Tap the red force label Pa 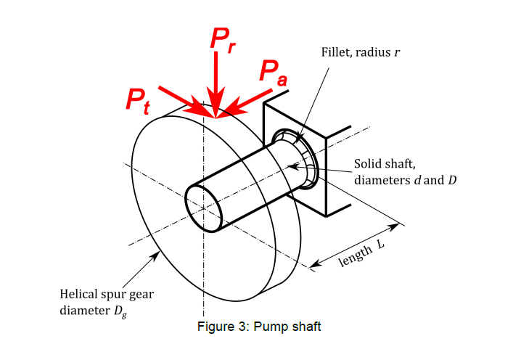273,72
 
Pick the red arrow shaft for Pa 250,100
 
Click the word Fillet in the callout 336,53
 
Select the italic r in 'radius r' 397,53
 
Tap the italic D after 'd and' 452,179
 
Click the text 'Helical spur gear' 106,295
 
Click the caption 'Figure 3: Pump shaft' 259,326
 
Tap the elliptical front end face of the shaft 204,208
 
